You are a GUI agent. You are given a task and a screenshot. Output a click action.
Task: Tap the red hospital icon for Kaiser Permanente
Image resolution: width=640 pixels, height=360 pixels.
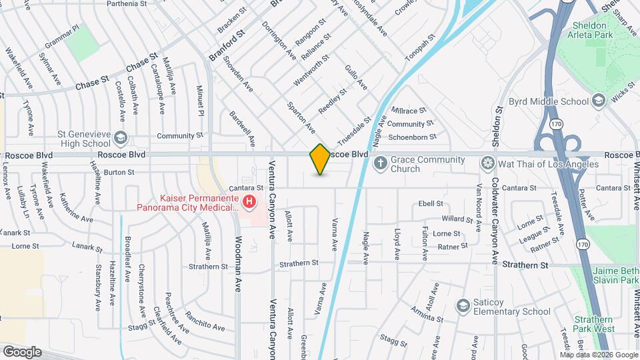pyautogui.click(x=249, y=201)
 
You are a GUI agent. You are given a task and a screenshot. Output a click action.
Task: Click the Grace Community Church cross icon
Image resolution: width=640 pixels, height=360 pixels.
pyautogui.click(x=380, y=163)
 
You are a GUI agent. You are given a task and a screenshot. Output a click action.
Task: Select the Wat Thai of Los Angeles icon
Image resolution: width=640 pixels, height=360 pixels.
pyautogui.click(x=488, y=163)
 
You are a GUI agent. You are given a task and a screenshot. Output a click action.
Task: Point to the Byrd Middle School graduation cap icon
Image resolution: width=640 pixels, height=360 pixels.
pyautogui.click(x=598, y=101)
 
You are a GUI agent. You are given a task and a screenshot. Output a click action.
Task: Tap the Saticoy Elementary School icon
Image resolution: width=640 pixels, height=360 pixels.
pyautogui.click(x=463, y=306)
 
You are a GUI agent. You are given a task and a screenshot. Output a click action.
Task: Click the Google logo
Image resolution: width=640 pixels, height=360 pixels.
pyautogui.click(x=22, y=351)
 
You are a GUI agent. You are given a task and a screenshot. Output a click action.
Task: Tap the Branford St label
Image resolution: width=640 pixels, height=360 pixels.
pyautogui.click(x=227, y=44)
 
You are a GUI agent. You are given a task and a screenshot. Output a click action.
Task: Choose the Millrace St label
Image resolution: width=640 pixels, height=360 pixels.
pyautogui.click(x=409, y=110)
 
